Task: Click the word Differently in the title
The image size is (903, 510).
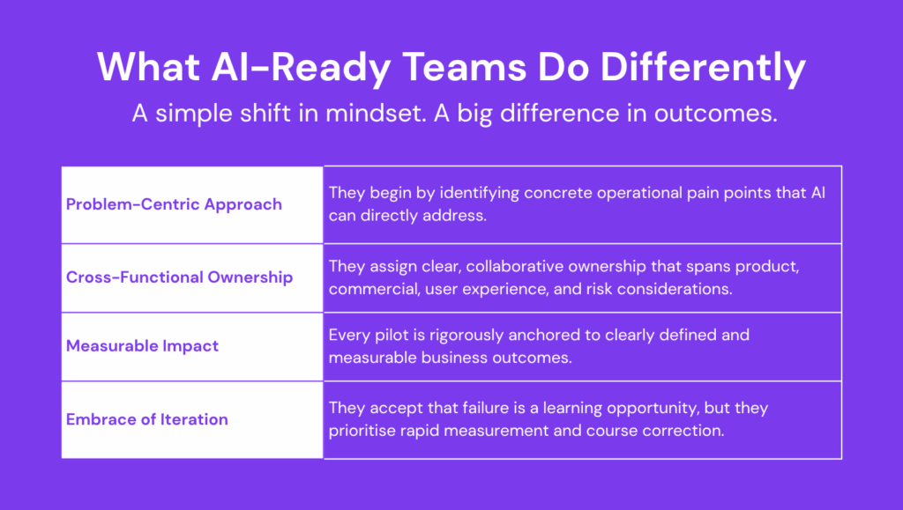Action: tap(703, 68)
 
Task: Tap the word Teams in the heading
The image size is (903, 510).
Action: tap(464, 67)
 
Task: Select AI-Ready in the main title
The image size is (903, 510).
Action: tap(302, 68)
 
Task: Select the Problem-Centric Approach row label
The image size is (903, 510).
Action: tap(174, 204)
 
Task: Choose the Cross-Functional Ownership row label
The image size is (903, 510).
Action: tap(179, 277)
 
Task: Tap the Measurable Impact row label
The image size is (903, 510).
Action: tap(142, 345)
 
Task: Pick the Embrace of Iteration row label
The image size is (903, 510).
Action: tap(147, 419)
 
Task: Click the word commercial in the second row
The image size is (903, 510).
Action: tap(374, 289)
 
